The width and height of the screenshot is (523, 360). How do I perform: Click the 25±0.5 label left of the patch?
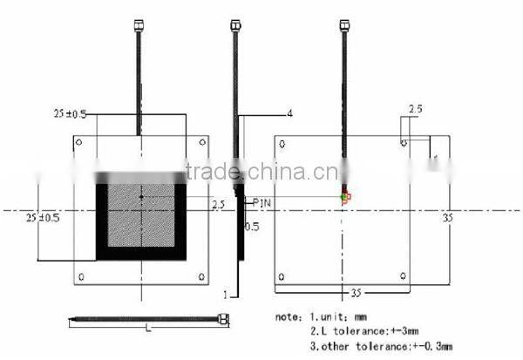tap(44, 216)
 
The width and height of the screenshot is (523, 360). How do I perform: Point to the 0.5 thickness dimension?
tap(253, 226)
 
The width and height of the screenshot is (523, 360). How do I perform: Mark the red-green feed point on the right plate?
tap(345, 196)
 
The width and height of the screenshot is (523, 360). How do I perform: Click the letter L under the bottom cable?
tap(149, 329)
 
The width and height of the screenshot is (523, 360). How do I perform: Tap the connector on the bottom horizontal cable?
tap(224, 319)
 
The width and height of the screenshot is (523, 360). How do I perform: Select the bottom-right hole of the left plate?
tap(201, 277)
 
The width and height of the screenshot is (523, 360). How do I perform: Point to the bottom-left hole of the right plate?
tap(281, 277)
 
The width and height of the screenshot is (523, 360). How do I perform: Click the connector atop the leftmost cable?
tap(139, 25)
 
